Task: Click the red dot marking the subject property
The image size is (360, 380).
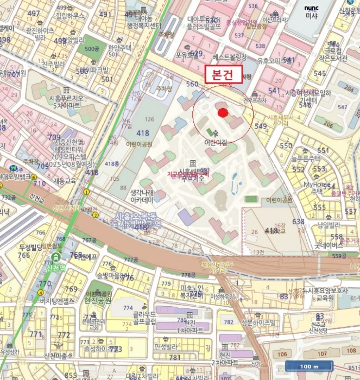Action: tap(223, 112)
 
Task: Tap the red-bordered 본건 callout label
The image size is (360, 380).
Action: tap(223, 75)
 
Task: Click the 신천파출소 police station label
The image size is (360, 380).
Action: tap(58, 356)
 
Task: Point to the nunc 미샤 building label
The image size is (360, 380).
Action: tap(311, 12)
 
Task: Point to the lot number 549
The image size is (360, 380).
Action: tap(261, 126)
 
